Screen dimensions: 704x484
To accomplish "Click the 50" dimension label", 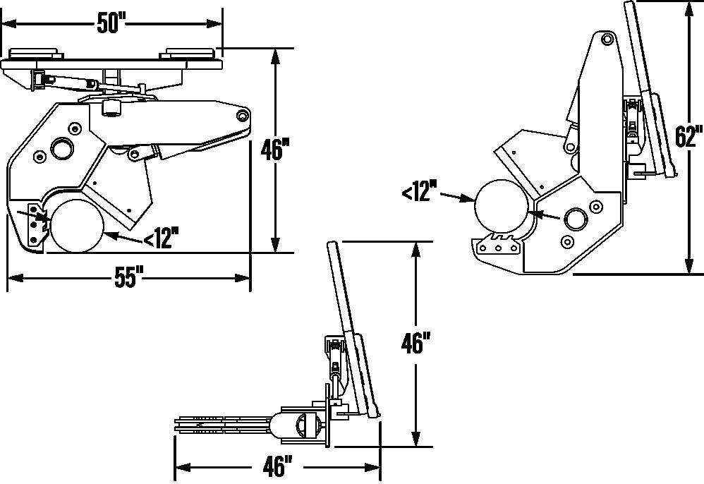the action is (111, 23).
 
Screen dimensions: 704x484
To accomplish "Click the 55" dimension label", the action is (128, 277).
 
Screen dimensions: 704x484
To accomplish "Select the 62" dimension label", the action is (688, 136).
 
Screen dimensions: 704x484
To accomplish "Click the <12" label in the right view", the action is (419, 190).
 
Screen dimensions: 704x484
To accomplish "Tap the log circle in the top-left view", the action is (77, 225).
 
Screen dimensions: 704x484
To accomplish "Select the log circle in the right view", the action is (502, 205).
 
